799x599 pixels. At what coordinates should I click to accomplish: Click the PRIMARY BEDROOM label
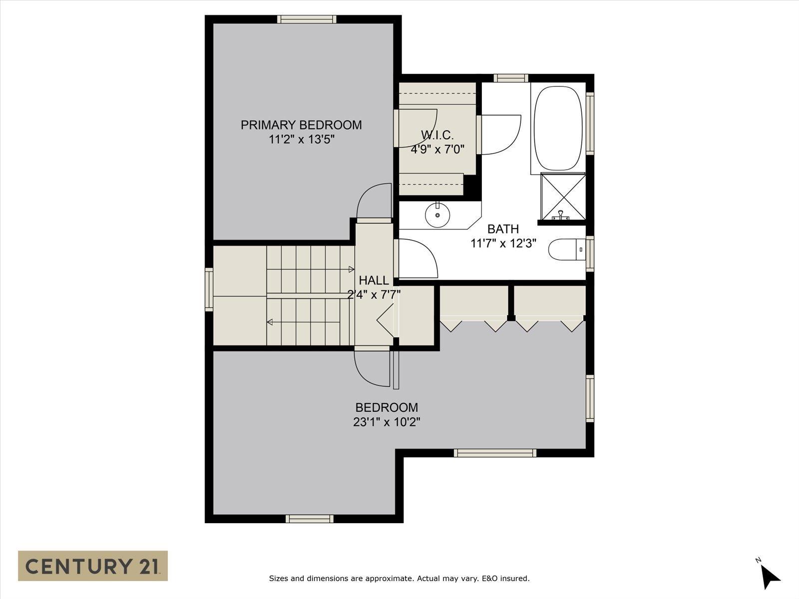[301, 125]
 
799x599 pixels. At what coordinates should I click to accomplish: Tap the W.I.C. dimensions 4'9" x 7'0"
[437, 149]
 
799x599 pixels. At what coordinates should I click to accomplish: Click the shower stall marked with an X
[563, 196]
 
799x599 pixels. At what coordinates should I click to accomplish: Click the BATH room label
[503, 229]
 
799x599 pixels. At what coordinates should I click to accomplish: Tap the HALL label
[374, 280]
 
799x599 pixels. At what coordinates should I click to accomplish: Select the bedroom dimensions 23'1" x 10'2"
[387, 422]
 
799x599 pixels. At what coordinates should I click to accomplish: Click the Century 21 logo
[93, 566]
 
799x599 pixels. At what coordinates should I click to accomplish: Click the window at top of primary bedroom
[307, 19]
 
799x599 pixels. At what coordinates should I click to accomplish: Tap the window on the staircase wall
[209, 290]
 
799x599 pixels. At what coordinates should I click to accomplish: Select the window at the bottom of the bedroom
[310, 519]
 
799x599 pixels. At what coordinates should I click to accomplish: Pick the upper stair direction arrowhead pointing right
[352, 270]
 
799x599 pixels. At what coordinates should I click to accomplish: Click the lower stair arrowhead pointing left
[270, 322]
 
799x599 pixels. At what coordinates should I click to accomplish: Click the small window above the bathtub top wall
[511, 78]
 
